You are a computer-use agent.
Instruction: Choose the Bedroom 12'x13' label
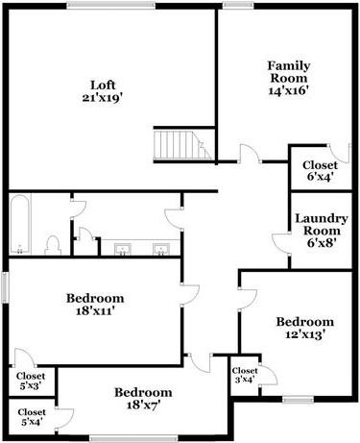click(x=304, y=328)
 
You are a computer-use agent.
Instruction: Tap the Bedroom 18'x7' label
click(x=143, y=399)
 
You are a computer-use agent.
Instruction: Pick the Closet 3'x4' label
click(x=244, y=375)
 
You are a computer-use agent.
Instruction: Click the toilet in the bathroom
click(x=55, y=244)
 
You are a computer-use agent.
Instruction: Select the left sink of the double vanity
click(x=123, y=250)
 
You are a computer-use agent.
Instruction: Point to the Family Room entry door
click(x=248, y=154)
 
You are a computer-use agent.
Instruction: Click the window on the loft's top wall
click(x=110, y=6)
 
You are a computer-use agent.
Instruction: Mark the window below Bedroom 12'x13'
click(x=299, y=399)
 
